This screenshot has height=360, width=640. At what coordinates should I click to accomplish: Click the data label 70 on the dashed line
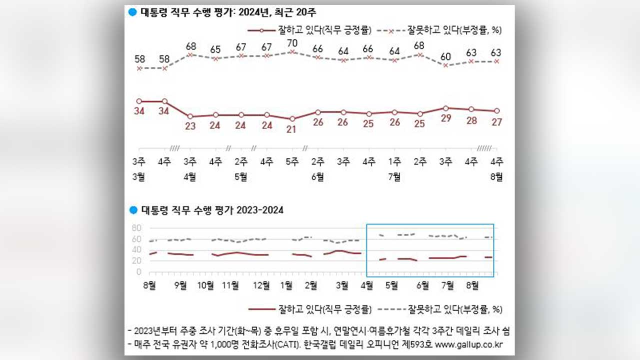(292, 42)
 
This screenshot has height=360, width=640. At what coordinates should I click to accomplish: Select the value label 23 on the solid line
(190, 126)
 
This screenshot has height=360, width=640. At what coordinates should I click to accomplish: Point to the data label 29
(446, 118)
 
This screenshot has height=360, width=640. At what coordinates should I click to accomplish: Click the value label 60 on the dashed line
(446, 56)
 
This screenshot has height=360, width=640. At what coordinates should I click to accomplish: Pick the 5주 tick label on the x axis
(292, 162)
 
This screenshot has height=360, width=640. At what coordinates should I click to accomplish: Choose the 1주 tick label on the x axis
(394, 162)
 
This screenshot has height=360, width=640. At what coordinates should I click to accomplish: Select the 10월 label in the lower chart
(206, 285)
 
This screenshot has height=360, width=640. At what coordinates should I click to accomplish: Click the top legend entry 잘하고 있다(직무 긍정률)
(323, 30)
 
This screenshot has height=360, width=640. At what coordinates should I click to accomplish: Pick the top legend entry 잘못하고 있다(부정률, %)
(454, 30)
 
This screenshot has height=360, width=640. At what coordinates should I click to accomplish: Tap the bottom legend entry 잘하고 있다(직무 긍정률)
(323, 309)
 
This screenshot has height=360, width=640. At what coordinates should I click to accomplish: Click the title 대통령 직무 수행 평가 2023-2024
(212, 210)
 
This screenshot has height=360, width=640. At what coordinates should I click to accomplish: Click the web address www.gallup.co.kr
(468, 344)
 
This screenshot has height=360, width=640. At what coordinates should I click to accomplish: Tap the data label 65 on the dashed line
(215, 49)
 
